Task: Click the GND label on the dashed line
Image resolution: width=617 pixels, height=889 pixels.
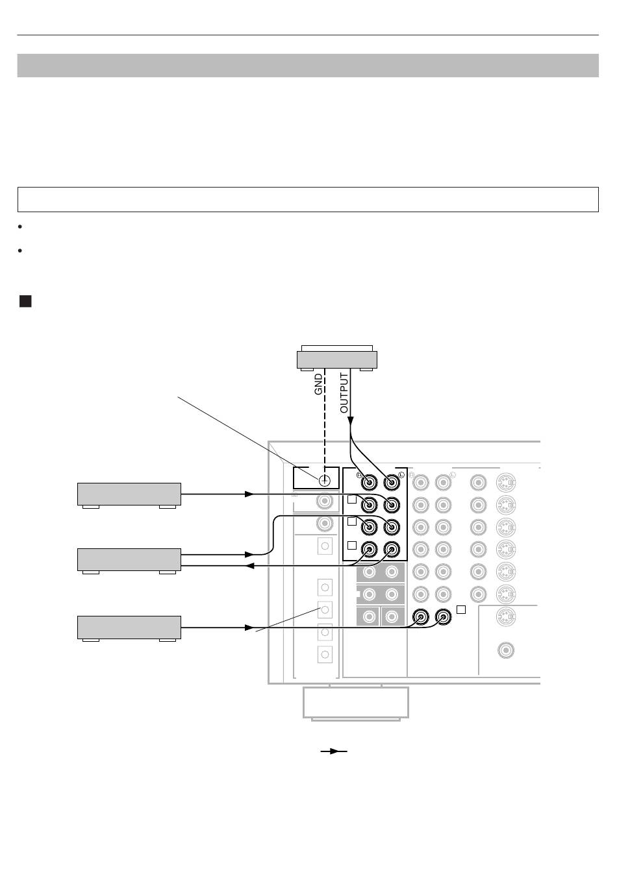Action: [318, 384]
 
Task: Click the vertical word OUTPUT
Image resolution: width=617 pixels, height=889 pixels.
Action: [344, 393]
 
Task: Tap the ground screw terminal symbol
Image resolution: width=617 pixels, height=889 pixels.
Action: [325, 481]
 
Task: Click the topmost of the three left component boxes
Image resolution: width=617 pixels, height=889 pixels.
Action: [129, 495]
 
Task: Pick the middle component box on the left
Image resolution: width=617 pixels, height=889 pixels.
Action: [129, 561]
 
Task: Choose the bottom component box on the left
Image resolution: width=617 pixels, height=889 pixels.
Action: [129, 628]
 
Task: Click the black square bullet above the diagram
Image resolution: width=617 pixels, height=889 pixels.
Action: [25, 301]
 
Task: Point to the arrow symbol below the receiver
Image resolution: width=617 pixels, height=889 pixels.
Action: [334, 751]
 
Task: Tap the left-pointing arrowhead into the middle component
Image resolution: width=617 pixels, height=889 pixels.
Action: [249, 566]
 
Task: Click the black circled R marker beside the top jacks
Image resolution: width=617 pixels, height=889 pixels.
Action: [360, 475]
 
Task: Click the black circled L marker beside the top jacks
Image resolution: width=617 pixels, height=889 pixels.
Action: [401, 475]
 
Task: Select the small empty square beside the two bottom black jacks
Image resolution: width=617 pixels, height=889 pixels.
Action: [461, 609]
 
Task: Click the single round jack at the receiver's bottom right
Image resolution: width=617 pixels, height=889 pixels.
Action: [506, 650]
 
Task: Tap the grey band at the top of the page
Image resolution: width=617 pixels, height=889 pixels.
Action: [308, 66]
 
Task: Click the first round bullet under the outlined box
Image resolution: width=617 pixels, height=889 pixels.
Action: [20, 226]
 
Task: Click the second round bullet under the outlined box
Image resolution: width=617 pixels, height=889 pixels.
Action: [20, 250]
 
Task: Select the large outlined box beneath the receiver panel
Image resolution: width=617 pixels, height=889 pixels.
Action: [356, 703]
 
